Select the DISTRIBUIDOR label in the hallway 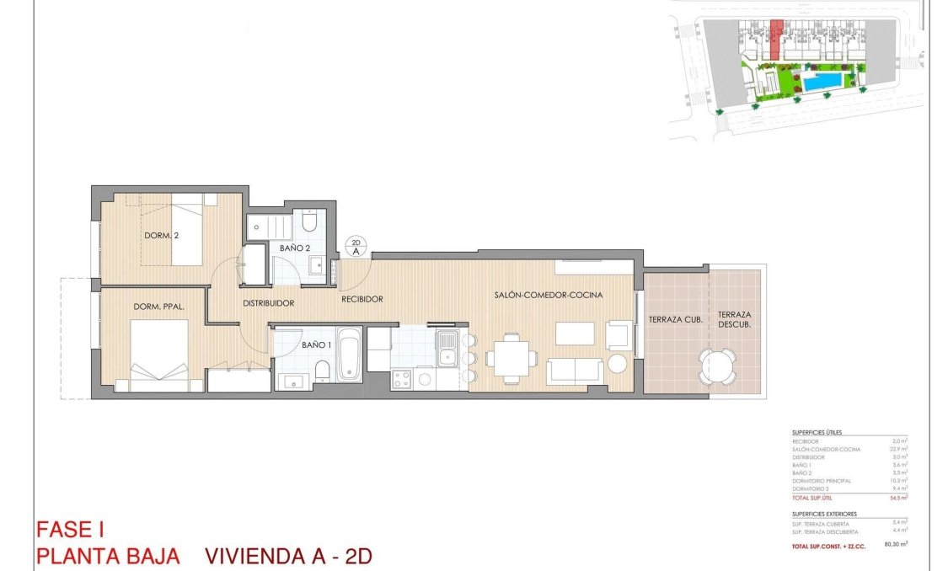[x=268, y=303]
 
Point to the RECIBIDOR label [x=362, y=299]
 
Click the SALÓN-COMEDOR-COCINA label [x=548, y=296]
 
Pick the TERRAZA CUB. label [x=675, y=319]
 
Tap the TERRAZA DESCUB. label [x=735, y=319]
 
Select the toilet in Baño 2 [x=308, y=222]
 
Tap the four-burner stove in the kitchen [x=401, y=379]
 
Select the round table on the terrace [x=718, y=366]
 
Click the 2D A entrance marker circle [x=356, y=247]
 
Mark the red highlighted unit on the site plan [x=777, y=38]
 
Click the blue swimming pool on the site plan [x=821, y=82]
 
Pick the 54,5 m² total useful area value [x=899, y=498]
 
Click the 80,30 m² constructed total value [x=895, y=545]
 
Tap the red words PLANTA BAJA [x=107, y=557]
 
